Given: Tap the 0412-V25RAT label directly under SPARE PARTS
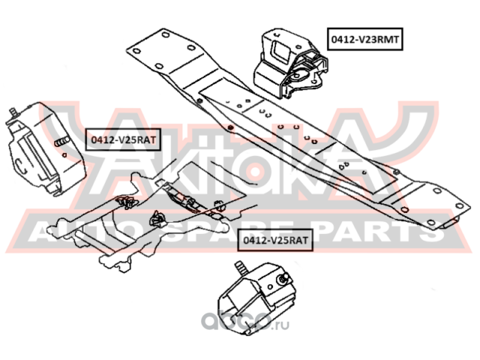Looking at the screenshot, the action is click(x=274, y=241).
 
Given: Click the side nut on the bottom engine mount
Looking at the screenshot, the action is click(x=284, y=280).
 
